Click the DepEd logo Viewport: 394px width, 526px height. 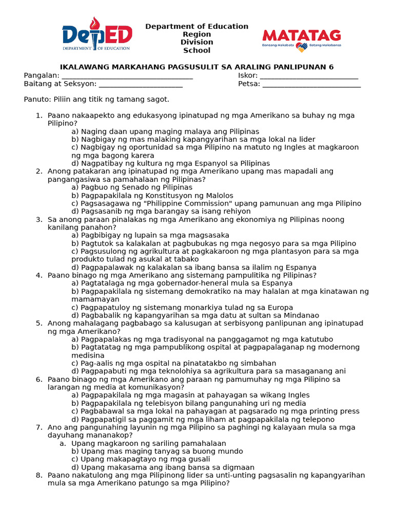(97, 34)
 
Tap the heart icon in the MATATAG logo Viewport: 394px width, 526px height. (301, 47)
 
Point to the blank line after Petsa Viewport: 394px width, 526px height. (311, 84)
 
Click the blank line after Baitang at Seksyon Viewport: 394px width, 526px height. (141, 84)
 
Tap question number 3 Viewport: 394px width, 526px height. (39, 219)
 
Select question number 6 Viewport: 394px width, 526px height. (39, 379)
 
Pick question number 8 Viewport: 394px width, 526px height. (39, 475)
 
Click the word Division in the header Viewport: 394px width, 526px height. (197, 42)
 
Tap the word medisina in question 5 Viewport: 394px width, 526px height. (88, 355)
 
